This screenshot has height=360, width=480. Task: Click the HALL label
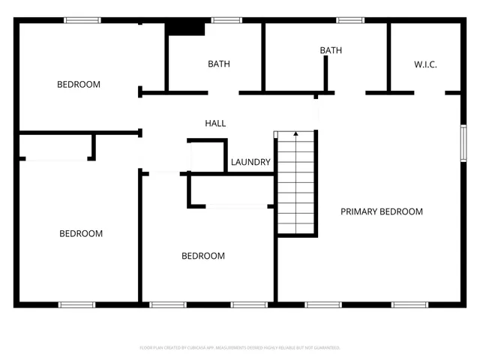click(215, 123)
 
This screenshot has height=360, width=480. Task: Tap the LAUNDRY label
click(250, 162)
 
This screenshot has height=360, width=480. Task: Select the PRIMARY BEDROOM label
click(382, 211)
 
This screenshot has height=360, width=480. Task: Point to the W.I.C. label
click(425, 64)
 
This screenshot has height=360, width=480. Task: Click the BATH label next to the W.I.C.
click(331, 50)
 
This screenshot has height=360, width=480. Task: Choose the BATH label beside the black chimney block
click(219, 64)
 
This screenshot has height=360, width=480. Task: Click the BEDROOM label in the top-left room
click(79, 84)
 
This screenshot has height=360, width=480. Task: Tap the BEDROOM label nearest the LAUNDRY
click(203, 256)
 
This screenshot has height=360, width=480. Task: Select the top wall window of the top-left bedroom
click(82, 20)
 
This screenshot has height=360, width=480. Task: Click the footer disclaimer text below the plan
click(240, 348)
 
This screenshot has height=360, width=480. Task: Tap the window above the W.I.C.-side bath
click(349, 20)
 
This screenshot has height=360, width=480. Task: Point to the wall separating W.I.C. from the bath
click(388, 56)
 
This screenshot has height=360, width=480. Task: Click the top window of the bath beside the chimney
click(222, 20)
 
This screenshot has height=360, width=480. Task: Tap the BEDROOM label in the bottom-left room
click(81, 233)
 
